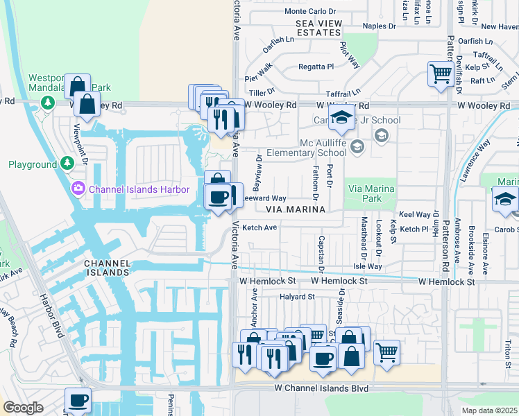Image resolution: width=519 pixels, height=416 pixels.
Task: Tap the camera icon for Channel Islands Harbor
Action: coord(78,188)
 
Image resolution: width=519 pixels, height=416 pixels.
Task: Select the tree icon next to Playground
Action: coord(67,164)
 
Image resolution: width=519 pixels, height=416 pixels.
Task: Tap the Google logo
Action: coord(23,407)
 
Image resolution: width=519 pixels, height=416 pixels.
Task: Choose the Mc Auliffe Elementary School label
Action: coord(323,148)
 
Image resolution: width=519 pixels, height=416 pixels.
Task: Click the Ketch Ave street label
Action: coord(259,227)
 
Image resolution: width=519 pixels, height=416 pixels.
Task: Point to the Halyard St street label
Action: coord(297,296)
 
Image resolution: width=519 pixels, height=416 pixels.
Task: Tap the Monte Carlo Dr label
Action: coord(309,11)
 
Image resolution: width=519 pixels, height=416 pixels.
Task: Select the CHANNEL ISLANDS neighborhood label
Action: coord(106,268)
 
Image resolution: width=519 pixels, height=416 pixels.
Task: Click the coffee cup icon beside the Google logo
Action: coord(78,400)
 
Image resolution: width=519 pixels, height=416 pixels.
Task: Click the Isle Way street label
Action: coord(368,266)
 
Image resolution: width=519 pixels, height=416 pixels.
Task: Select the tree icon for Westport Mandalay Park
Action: coord(48,103)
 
